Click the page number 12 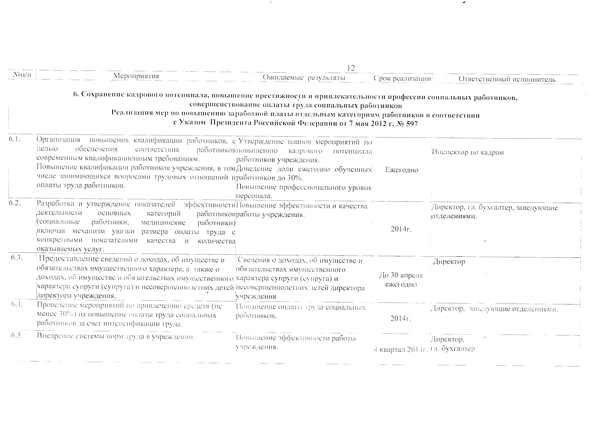coord(351,68)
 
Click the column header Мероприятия coord(136,76)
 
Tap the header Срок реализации coord(402,79)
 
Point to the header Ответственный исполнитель coord(507,79)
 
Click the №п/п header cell coord(22,75)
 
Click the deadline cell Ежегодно coord(402,170)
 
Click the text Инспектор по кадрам coord(468,153)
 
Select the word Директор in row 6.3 coord(449,262)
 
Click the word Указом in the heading coord(192,123)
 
